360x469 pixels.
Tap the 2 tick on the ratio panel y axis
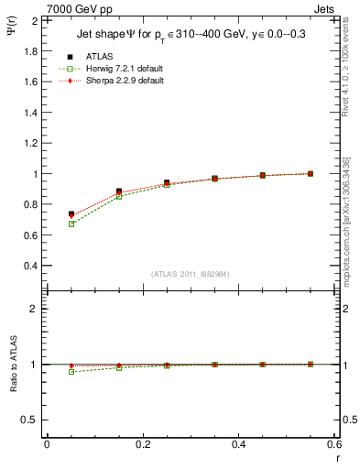click(x=34, y=309)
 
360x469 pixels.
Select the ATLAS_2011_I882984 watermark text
click(x=190, y=274)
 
